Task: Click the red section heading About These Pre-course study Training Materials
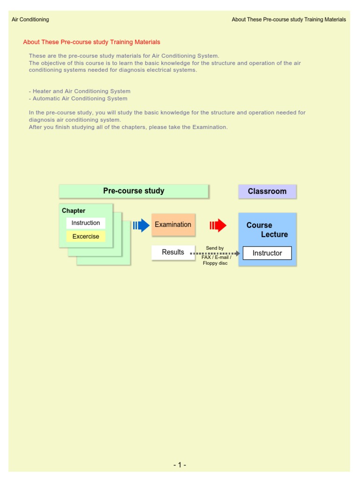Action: click(x=91, y=42)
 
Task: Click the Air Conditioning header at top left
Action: click(x=30, y=20)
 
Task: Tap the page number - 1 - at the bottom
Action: click(x=180, y=465)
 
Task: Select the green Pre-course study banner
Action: click(x=134, y=191)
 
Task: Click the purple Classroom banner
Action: click(x=267, y=191)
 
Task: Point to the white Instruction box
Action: click(x=86, y=223)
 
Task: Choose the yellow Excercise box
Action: click(x=86, y=236)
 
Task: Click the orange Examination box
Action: click(x=173, y=225)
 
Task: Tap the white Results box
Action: click(x=173, y=252)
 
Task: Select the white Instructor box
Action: click(x=267, y=253)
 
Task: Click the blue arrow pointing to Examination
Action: click(x=141, y=225)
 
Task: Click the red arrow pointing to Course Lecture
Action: click(x=218, y=225)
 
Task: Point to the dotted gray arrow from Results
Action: click(x=216, y=253)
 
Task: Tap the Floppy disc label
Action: click(x=215, y=263)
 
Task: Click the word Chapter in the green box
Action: click(x=74, y=211)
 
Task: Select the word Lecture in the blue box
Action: click(x=274, y=234)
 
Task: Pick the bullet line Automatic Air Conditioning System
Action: click(x=78, y=98)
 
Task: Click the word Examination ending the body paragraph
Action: click(x=210, y=127)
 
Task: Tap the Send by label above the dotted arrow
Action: click(x=215, y=248)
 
